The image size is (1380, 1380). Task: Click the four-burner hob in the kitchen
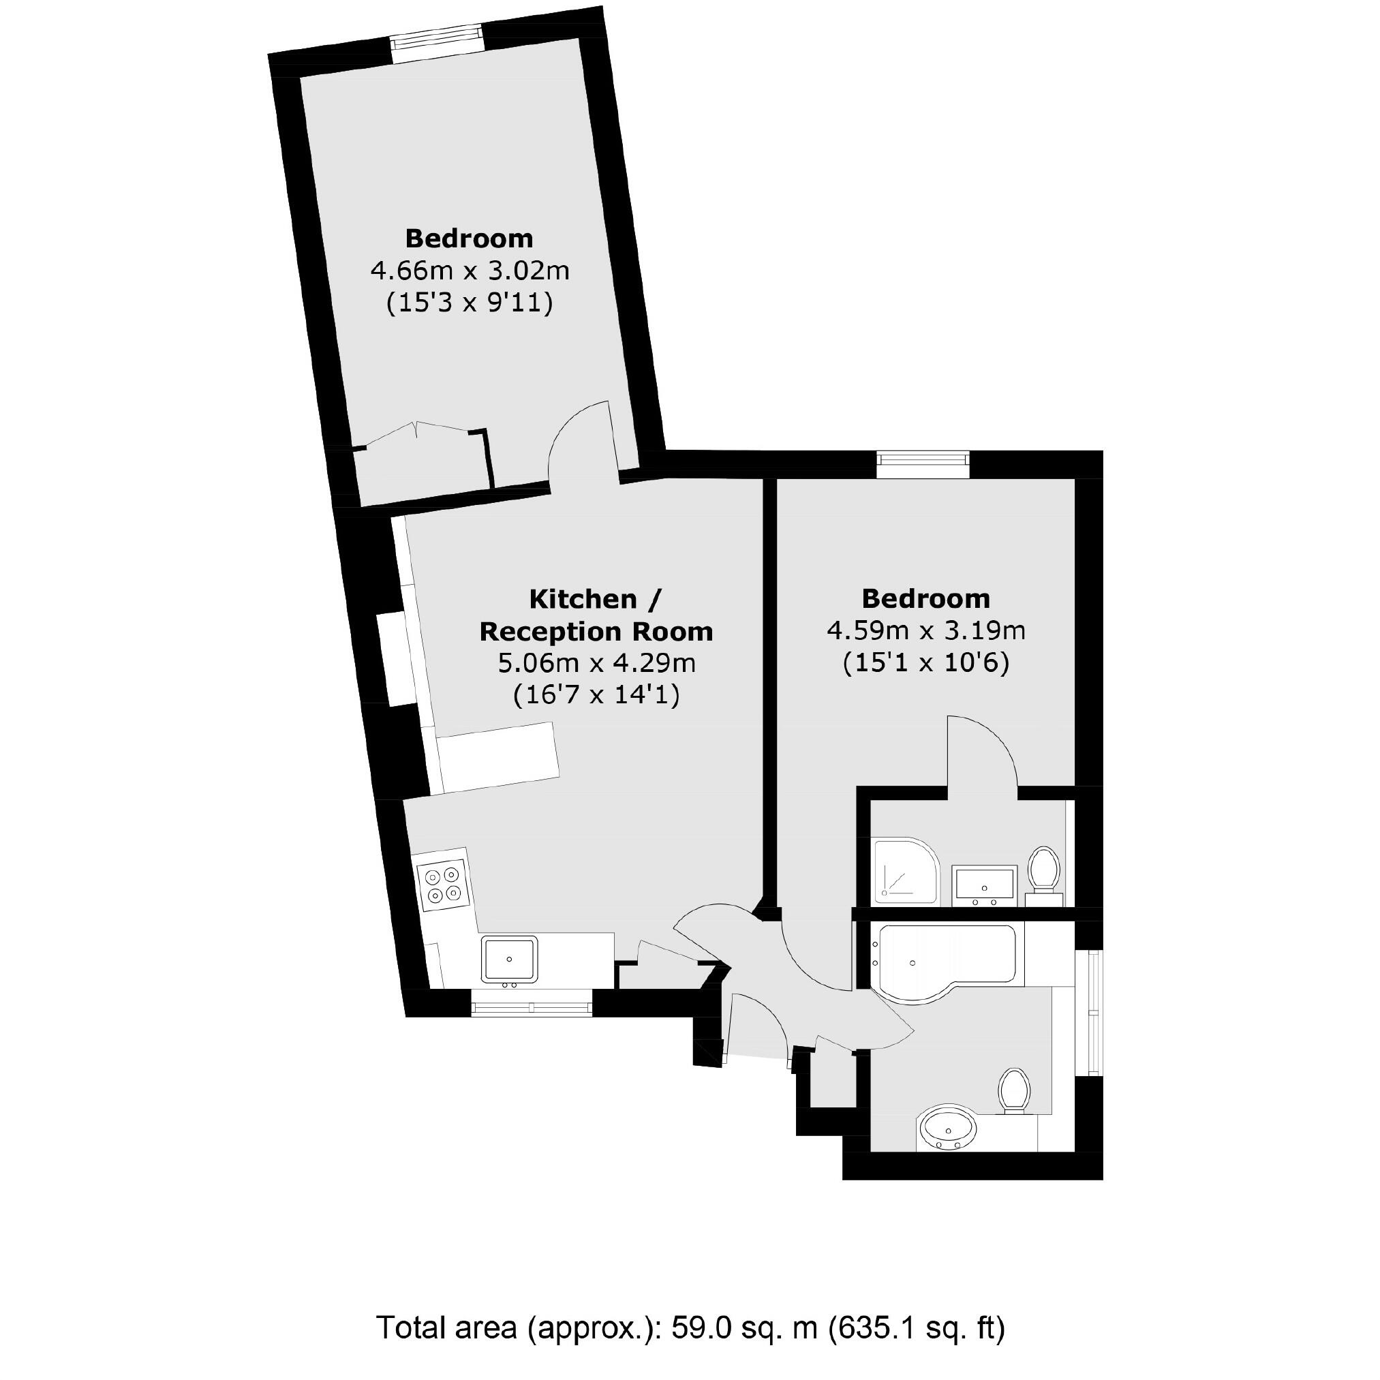click(x=443, y=885)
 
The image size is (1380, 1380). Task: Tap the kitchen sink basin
click(x=509, y=960)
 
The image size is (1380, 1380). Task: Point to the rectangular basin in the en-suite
click(x=985, y=885)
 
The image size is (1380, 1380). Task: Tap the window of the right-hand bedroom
click(x=923, y=464)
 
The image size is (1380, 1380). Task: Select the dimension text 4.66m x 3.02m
click(x=470, y=271)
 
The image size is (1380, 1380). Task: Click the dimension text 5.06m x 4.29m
click(x=596, y=664)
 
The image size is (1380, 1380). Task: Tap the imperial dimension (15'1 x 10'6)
click(x=925, y=664)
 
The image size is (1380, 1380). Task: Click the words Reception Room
click(x=596, y=632)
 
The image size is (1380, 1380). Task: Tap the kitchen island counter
click(x=499, y=758)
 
